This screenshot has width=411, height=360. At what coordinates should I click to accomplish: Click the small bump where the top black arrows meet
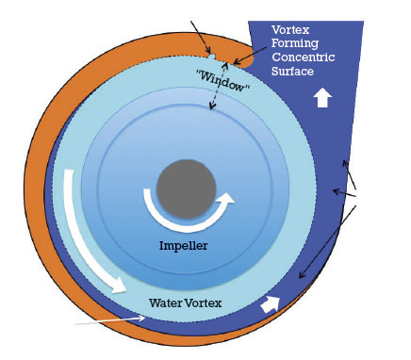coord(213,57)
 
